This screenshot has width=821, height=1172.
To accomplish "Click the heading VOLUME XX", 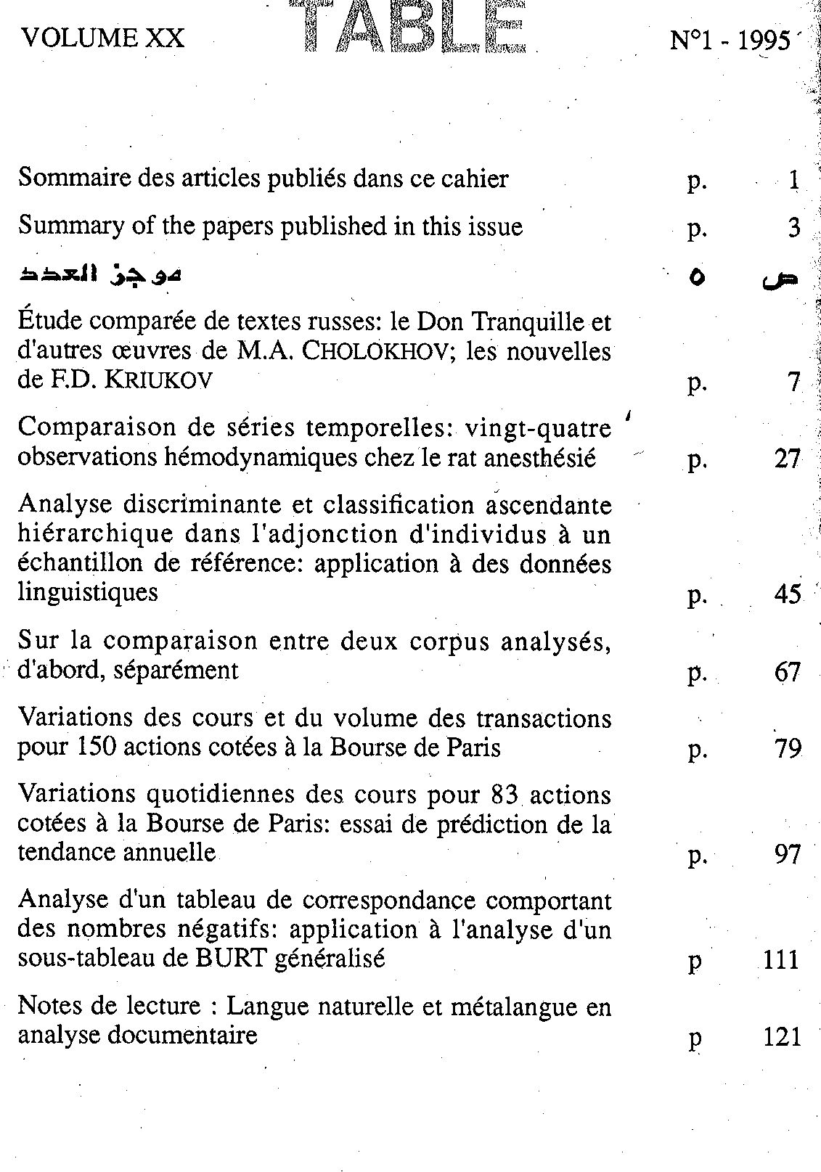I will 103,38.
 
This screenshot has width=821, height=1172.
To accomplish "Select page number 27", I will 787,459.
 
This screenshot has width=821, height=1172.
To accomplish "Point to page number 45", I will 787,594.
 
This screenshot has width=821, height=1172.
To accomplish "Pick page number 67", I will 787,672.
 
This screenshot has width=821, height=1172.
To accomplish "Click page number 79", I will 787,748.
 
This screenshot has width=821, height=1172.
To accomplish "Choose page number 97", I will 787,854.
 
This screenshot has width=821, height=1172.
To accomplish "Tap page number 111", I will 782,960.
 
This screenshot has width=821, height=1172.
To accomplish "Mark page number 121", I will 783,1036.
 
